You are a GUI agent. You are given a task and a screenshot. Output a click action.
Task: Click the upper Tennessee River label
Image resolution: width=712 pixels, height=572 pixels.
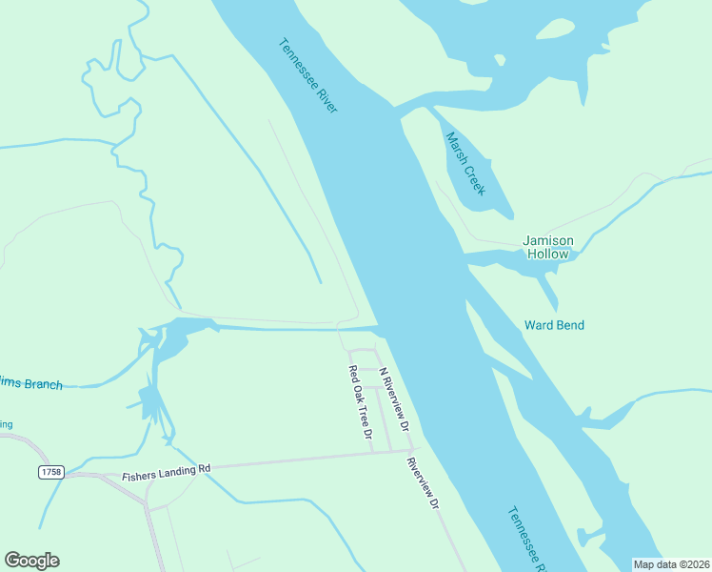(x=308, y=76)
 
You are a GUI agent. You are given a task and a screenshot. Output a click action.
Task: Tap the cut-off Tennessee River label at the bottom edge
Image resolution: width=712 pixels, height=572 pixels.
(x=525, y=539)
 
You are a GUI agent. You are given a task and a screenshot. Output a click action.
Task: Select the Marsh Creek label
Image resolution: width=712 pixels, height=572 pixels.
(x=465, y=163)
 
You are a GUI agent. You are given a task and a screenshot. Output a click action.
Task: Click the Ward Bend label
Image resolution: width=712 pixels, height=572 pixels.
(x=554, y=325)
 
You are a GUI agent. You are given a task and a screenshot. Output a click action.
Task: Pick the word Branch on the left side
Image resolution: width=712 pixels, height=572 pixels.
(x=43, y=385)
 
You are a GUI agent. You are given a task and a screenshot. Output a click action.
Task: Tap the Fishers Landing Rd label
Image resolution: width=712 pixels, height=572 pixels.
(x=166, y=471)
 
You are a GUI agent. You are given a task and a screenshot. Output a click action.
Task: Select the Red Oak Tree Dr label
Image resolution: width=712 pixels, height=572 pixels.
(x=359, y=402)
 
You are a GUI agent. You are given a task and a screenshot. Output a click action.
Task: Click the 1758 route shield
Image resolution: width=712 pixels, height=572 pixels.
(x=51, y=472)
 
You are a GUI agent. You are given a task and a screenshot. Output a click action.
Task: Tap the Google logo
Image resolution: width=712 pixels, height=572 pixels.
(x=31, y=561)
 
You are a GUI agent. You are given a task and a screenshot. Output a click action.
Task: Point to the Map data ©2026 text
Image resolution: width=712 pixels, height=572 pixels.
(x=672, y=564)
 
